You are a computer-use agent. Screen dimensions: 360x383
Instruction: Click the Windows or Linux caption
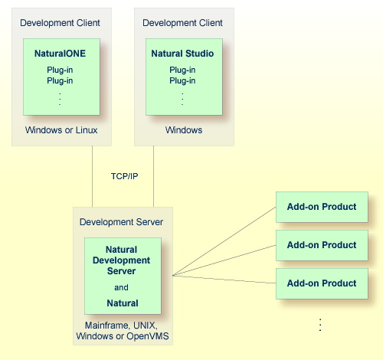[61, 130]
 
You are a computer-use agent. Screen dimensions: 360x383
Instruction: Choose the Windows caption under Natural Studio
[184, 130]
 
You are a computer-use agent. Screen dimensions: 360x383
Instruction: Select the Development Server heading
[121, 222]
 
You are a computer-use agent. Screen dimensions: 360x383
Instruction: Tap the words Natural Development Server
[123, 260]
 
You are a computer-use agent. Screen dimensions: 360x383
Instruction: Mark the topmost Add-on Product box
[322, 207]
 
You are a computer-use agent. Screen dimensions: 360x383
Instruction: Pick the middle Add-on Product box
[322, 245]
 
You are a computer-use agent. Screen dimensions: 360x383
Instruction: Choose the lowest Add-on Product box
[322, 283]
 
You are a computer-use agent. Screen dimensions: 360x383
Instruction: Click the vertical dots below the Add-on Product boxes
[321, 325]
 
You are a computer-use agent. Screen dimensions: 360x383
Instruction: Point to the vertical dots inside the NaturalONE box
[61, 98]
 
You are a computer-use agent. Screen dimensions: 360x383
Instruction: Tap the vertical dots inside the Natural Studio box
[183, 98]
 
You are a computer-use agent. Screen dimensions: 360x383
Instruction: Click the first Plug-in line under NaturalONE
[61, 70]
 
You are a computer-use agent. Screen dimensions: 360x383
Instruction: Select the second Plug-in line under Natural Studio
[183, 80]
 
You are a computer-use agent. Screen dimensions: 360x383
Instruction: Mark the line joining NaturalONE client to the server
[92, 176]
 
